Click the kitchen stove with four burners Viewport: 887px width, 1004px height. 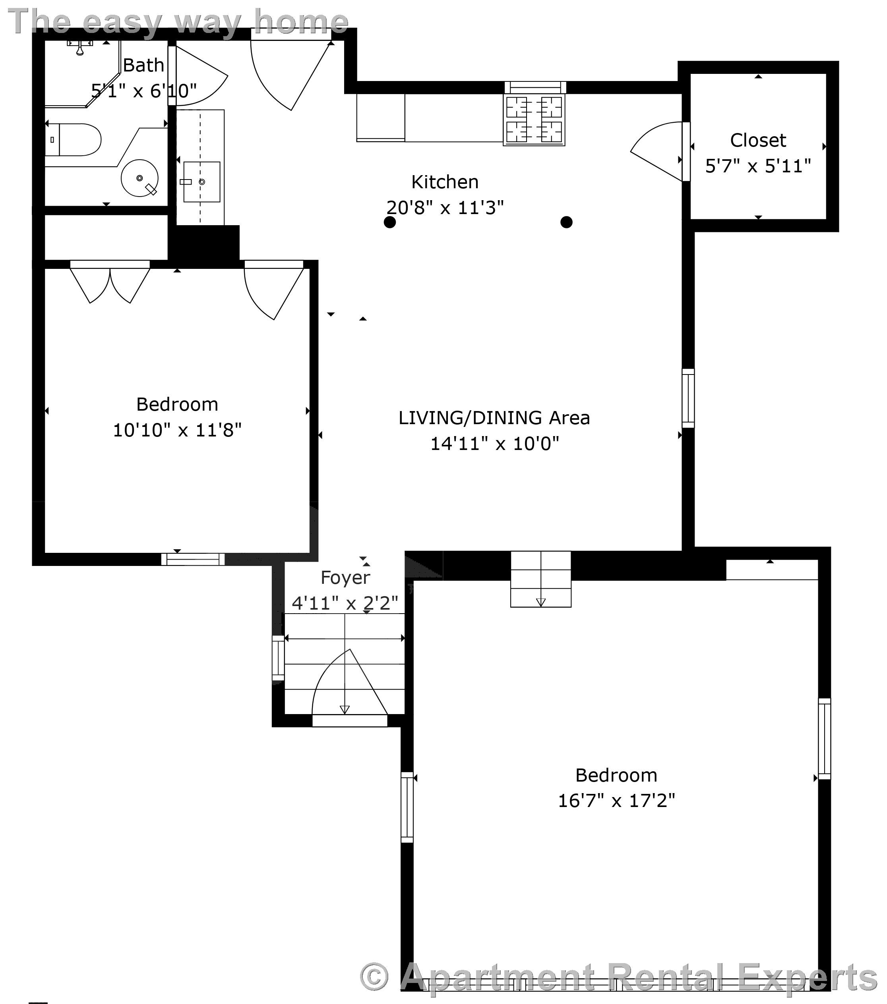point(534,120)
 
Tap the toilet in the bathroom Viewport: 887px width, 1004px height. point(74,139)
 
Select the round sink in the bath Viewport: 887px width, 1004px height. point(139,178)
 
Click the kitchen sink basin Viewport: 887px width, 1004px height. point(201,182)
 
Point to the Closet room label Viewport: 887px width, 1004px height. point(758,141)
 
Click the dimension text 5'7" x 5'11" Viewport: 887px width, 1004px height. point(758,166)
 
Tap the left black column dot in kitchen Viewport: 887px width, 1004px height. point(390,222)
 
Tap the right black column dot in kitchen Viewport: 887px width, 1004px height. point(566,222)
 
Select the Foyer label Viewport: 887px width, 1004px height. point(345,577)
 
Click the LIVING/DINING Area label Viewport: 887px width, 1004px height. point(494,418)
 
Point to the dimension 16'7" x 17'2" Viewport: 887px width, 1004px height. point(616,801)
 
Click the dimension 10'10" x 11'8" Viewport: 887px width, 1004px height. point(177,430)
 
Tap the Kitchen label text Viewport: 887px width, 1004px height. point(445,182)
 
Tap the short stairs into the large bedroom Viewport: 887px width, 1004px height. point(540,579)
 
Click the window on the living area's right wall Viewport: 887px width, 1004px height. point(688,398)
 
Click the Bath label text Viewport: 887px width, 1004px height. point(143,65)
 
